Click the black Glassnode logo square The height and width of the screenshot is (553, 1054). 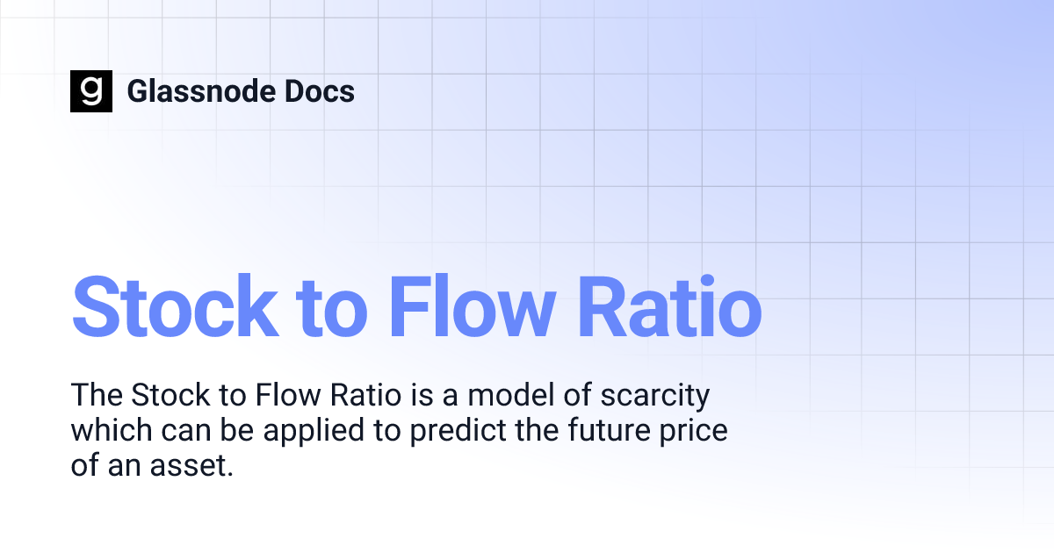(x=91, y=91)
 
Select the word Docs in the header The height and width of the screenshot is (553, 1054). (x=321, y=91)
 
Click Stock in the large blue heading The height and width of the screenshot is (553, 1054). (x=174, y=306)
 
